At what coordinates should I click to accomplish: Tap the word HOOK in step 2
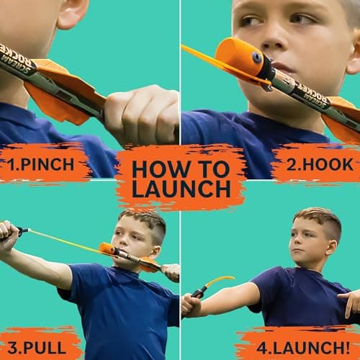[x=323, y=163]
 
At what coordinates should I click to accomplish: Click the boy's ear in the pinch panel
[x=73, y=13]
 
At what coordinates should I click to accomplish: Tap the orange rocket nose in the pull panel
[x=107, y=249]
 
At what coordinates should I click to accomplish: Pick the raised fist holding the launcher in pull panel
[x=9, y=230]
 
